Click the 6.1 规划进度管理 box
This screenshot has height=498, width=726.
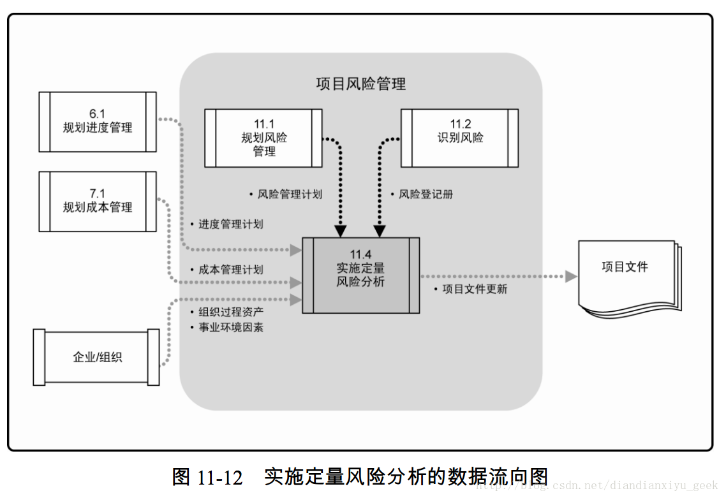pos(98,122)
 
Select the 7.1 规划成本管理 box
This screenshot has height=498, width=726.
pos(98,201)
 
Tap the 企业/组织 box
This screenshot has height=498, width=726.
pos(97,357)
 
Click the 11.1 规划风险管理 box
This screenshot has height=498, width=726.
pos(263,138)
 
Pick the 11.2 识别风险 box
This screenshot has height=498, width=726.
pos(460,138)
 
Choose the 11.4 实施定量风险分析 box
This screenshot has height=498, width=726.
pos(361,275)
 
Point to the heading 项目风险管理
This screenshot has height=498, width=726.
pos(361,84)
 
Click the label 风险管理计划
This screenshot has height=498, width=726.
pos(290,194)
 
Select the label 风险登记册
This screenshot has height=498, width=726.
pos(426,194)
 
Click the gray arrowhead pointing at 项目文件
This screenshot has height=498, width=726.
pos(571,277)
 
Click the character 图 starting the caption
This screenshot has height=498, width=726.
pos(182,477)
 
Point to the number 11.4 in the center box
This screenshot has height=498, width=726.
pos(360,255)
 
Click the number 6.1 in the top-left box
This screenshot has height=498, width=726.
pos(97,114)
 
